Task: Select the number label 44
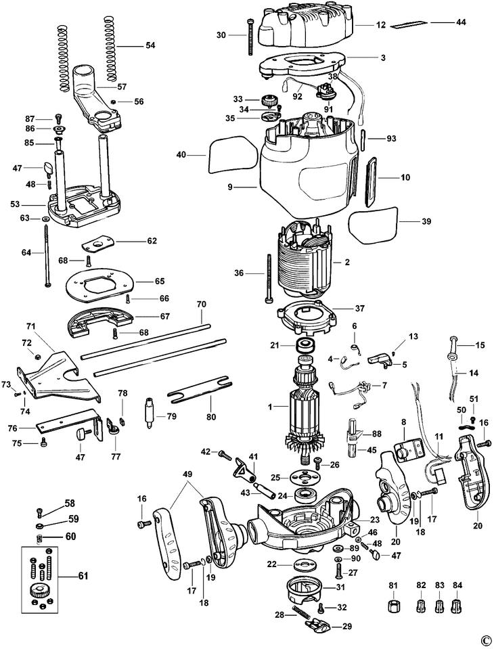click(x=460, y=22)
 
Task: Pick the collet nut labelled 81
click(x=393, y=604)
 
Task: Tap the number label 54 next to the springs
click(x=150, y=45)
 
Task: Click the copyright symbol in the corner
click(x=485, y=640)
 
